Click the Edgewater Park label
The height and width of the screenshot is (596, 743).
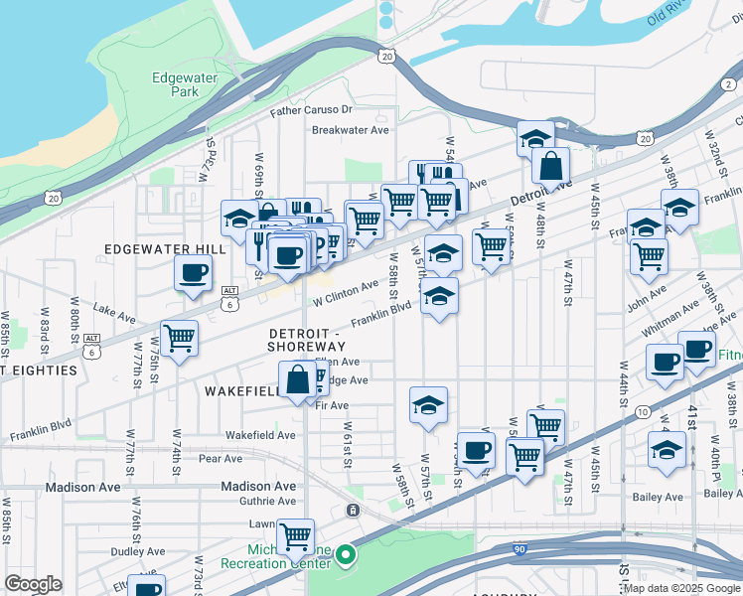pos(177,84)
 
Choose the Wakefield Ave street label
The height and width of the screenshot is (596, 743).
pos(260,435)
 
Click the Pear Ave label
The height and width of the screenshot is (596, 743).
pos(221,459)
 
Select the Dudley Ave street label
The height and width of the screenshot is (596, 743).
pos(137,551)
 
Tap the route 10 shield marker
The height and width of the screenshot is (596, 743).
pos(644,411)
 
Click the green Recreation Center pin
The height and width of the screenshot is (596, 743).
pos(346,555)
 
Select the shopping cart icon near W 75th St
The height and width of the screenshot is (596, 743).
pos(180,339)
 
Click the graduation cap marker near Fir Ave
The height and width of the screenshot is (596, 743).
pos(428,404)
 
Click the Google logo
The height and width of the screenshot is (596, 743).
pos(33,584)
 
